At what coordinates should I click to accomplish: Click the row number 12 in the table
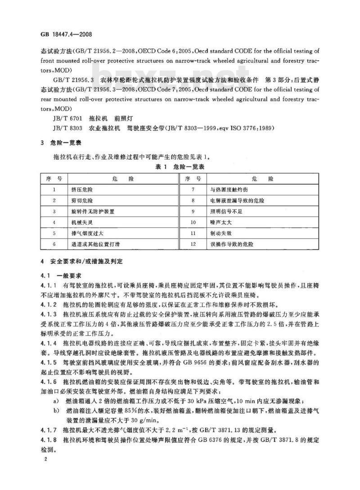point(193,244)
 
